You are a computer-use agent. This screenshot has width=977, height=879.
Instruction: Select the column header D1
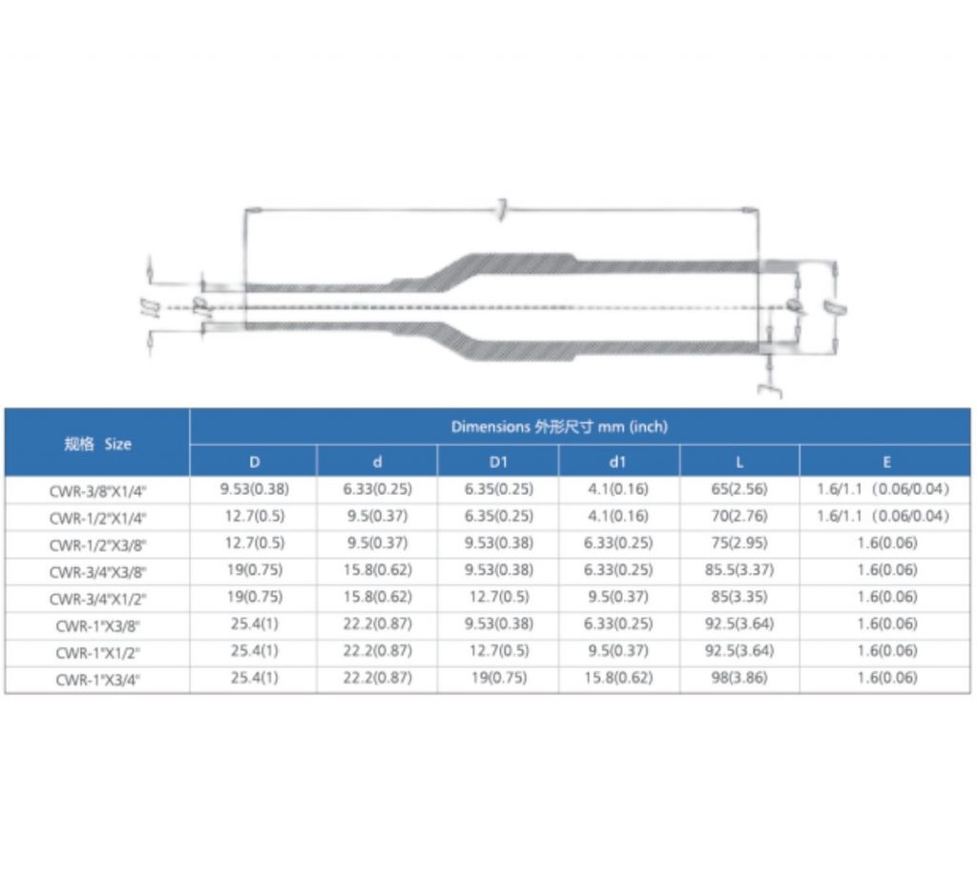click(498, 462)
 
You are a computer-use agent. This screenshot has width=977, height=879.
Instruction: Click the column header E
click(886, 462)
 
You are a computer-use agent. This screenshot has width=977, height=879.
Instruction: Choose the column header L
click(739, 462)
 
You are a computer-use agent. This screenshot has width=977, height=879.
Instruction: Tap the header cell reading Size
click(97, 443)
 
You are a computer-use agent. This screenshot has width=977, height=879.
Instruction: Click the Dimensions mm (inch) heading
click(559, 426)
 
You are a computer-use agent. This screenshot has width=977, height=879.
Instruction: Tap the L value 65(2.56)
click(739, 490)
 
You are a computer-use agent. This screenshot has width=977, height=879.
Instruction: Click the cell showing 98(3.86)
click(739, 679)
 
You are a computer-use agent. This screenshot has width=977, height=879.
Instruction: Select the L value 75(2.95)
click(739, 543)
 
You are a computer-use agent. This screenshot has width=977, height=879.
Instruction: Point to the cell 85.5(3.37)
click(739, 570)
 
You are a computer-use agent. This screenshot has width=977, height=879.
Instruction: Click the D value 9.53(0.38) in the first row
click(254, 490)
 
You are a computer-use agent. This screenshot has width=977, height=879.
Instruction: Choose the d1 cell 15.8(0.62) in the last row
click(619, 679)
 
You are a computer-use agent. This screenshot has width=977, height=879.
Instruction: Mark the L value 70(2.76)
click(739, 517)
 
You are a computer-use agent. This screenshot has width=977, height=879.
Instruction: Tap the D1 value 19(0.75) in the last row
click(498, 679)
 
